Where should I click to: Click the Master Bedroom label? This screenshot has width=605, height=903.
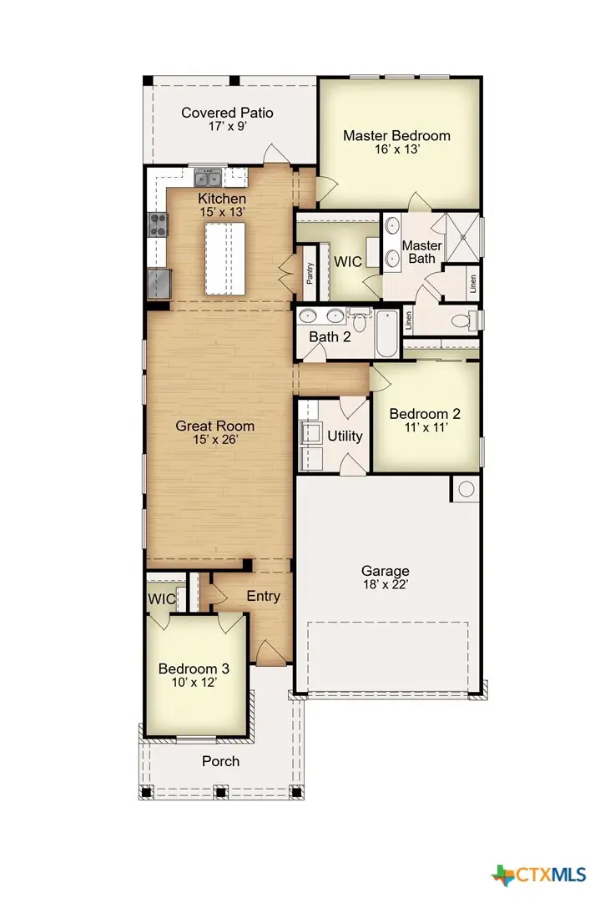[x=396, y=135]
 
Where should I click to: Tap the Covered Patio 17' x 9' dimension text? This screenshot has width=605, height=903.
[x=227, y=128]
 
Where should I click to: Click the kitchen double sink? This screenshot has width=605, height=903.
[x=208, y=178]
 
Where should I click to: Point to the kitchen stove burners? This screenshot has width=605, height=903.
[x=158, y=223]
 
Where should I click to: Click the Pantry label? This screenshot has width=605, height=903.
[x=310, y=273]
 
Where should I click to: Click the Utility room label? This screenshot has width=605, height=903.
[x=345, y=436]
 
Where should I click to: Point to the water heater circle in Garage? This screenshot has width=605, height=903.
[x=466, y=489]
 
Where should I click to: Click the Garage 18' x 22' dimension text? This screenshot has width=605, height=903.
[x=385, y=585]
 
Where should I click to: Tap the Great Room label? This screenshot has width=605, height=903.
[x=214, y=426]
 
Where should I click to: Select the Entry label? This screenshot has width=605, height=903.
[x=263, y=596]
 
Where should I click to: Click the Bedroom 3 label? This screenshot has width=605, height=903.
[x=194, y=668]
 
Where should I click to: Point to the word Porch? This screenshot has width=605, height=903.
[x=220, y=761]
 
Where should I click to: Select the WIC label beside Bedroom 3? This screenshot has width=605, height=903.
[x=161, y=599]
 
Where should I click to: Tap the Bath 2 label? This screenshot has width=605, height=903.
[x=330, y=337]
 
